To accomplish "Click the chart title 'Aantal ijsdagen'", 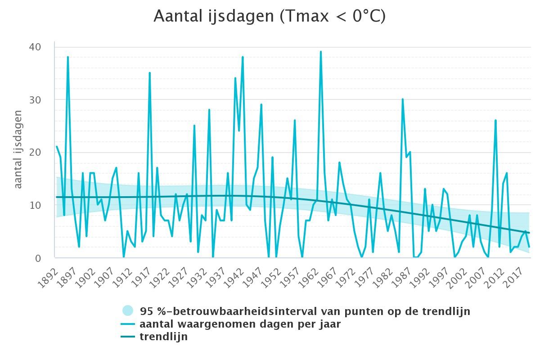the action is [214, 16].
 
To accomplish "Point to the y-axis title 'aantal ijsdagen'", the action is [18, 149].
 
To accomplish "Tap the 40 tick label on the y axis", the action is [35, 47].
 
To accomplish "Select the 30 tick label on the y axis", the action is [35, 100].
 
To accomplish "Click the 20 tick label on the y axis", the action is [35, 153].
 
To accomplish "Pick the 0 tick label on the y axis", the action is [38, 258].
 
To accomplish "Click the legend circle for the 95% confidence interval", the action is [128, 310].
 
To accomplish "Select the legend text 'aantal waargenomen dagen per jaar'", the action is [240, 324].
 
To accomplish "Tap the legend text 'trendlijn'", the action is [164, 336].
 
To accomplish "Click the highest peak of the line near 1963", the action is [320, 52].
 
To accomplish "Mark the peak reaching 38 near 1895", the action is [68, 57].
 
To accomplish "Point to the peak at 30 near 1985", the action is [403, 99].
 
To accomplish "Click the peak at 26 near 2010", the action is [495, 120].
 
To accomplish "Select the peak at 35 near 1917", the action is [150, 72].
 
